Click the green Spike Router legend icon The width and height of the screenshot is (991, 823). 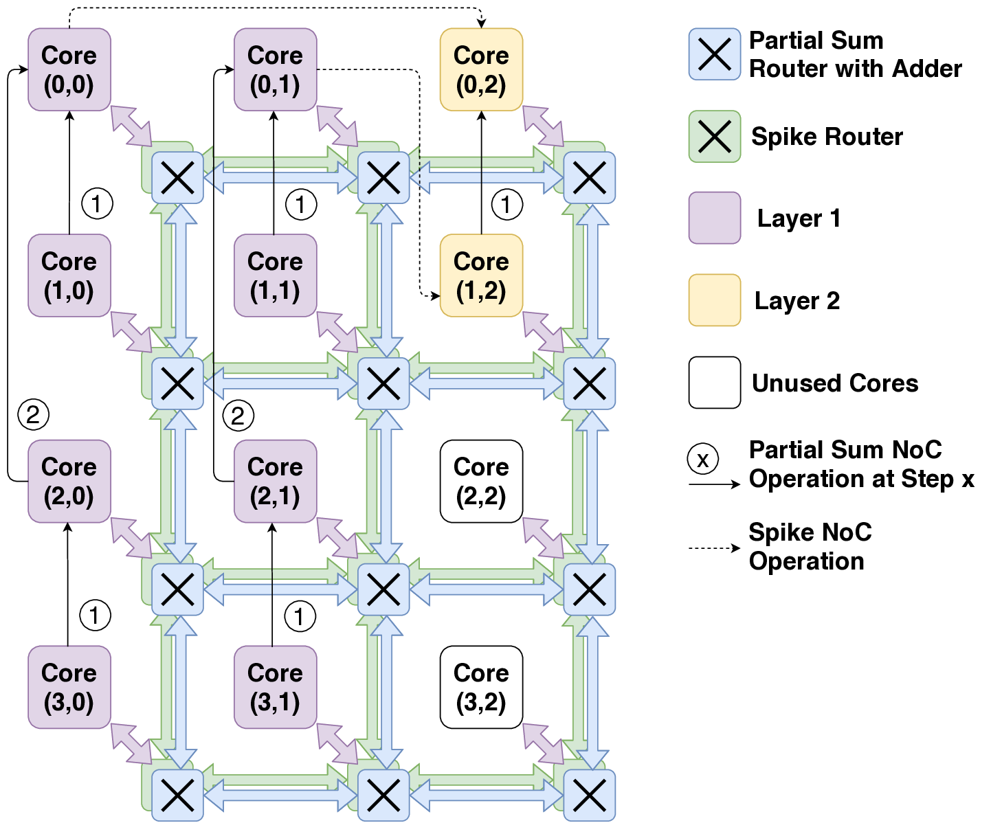(715, 137)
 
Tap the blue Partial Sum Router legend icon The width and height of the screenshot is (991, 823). (715, 54)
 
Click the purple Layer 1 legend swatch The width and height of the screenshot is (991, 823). (715, 218)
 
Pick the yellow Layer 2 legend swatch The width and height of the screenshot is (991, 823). (715, 300)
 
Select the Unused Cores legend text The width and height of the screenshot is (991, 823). (835, 383)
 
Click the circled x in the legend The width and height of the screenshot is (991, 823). (702, 459)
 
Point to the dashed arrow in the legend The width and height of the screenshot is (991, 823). (714, 548)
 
